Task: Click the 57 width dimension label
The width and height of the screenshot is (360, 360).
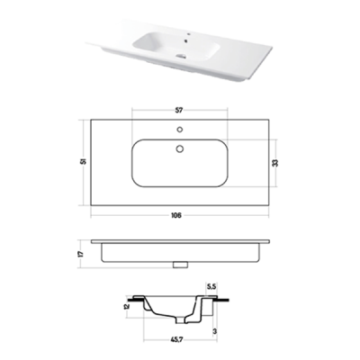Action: pyautogui.click(x=179, y=111)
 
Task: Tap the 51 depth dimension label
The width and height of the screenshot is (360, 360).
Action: pyautogui.click(x=85, y=161)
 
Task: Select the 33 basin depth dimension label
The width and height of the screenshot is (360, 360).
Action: pyautogui.click(x=275, y=162)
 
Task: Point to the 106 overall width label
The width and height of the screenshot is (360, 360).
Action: pyautogui.click(x=177, y=215)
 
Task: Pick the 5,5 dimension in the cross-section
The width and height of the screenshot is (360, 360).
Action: pyautogui.click(x=211, y=286)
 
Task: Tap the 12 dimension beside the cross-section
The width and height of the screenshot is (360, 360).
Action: pyautogui.click(x=127, y=306)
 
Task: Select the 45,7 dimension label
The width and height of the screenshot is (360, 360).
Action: pyautogui.click(x=177, y=339)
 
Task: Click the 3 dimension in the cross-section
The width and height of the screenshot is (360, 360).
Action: pyautogui.click(x=215, y=331)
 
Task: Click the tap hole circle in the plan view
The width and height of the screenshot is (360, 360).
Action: pyautogui.click(x=180, y=130)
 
